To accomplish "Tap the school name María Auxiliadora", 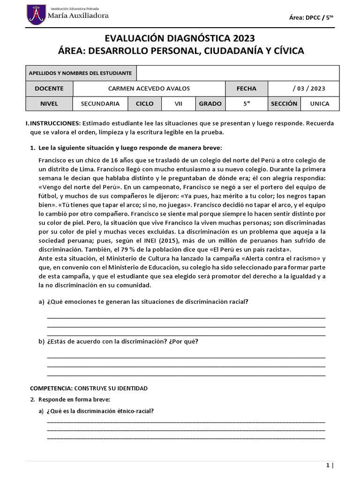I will [x=79, y=15].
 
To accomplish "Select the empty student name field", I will [x=238, y=73].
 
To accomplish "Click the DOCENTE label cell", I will [x=49, y=88].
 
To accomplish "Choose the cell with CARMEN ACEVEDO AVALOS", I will [x=149, y=88].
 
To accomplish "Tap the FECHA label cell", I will [x=247, y=88].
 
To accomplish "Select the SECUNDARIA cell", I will [x=100, y=104].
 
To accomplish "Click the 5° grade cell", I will [x=247, y=104].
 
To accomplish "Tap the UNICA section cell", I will [x=320, y=104].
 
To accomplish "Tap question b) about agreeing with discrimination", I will [x=122, y=341].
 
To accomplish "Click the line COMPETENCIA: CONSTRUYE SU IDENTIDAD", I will [x=89, y=388].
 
